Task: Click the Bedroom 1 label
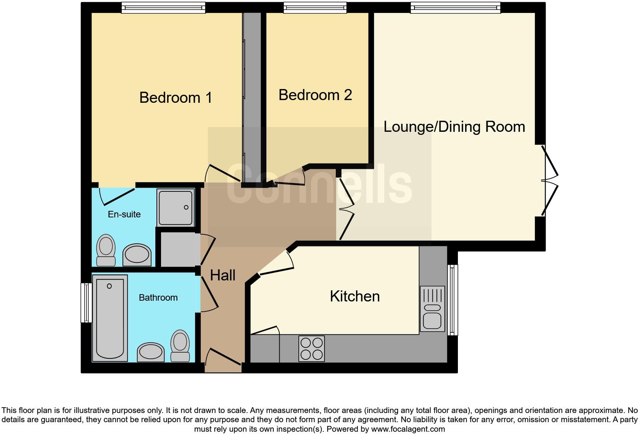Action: click(x=176, y=98)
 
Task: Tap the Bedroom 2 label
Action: click(x=315, y=95)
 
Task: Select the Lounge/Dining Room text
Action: click(x=454, y=127)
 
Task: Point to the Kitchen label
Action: click(x=354, y=296)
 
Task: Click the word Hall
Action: click(x=222, y=275)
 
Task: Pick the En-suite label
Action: click(x=124, y=214)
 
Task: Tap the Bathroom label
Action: click(x=158, y=298)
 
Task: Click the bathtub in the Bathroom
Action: click(x=110, y=318)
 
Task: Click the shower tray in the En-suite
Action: click(x=176, y=207)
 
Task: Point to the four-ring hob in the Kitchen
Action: click(x=311, y=348)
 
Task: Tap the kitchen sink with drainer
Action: click(x=432, y=309)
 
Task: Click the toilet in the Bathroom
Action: click(x=180, y=346)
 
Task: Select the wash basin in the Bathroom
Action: click(x=150, y=352)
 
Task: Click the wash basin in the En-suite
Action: click(x=137, y=255)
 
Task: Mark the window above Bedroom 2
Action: click(x=315, y=7)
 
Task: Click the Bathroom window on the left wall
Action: click(x=86, y=303)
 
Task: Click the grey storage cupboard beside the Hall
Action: click(x=178, y=249)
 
